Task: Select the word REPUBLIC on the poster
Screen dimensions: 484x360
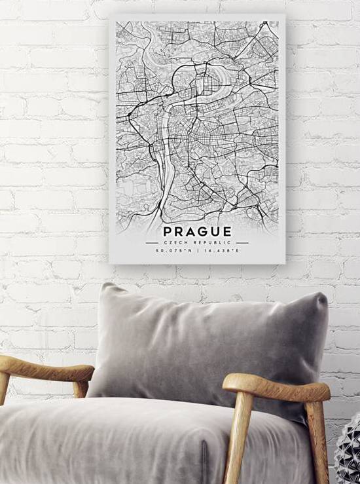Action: [209, 242]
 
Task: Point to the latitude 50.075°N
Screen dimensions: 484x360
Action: [174, 251]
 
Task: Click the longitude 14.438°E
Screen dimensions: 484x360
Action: [220, 251]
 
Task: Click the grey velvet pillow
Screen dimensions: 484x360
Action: [209, 347]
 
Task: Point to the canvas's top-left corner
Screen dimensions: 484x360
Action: [110, 15]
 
